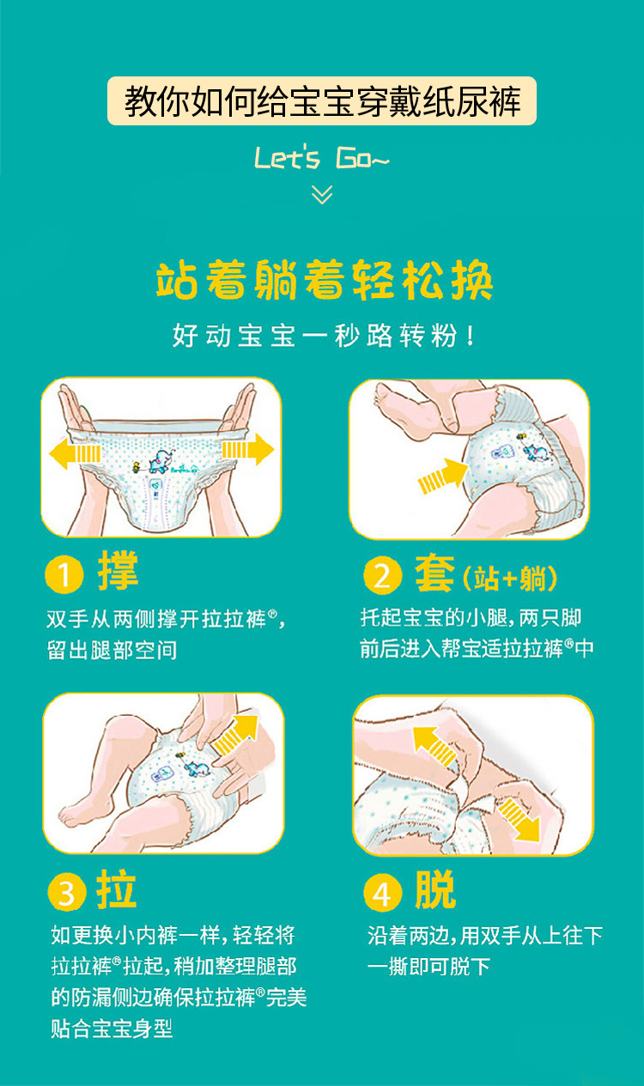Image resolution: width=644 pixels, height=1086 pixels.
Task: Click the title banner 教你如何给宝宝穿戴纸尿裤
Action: click(x=321, y=100)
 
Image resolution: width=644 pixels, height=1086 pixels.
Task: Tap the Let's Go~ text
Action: click(x=321, y=158)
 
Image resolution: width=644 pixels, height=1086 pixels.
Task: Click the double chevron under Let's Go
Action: click(x=322, y=194)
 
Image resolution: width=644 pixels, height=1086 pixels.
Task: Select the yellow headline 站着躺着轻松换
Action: click(x=324, y=279)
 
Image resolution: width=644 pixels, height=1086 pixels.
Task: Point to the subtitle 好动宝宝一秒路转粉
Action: click(x=324, y=336)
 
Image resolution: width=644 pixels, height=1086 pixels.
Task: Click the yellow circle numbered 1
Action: click(x=64, y=574)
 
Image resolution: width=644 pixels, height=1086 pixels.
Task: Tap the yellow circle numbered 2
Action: click(x=383, y=575)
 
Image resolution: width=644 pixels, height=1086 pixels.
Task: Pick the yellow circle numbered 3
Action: click(x=67, y=891)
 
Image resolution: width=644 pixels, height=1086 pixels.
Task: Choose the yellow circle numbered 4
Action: click(x=383, y=892)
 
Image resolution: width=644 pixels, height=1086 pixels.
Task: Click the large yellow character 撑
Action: click(x=118, y=570)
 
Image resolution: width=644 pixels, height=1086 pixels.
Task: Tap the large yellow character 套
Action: click(x=435, y=573)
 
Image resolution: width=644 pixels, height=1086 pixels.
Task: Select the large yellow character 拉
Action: click(x=117, y=889)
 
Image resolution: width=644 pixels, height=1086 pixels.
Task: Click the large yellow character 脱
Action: click(x=435, y=889)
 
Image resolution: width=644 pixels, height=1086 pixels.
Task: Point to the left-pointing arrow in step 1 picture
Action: click(x=75, y=453)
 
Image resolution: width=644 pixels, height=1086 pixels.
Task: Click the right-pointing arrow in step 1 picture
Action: click(x=248, y=450)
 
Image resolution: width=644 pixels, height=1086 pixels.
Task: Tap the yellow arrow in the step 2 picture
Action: click(x=443, y=476)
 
